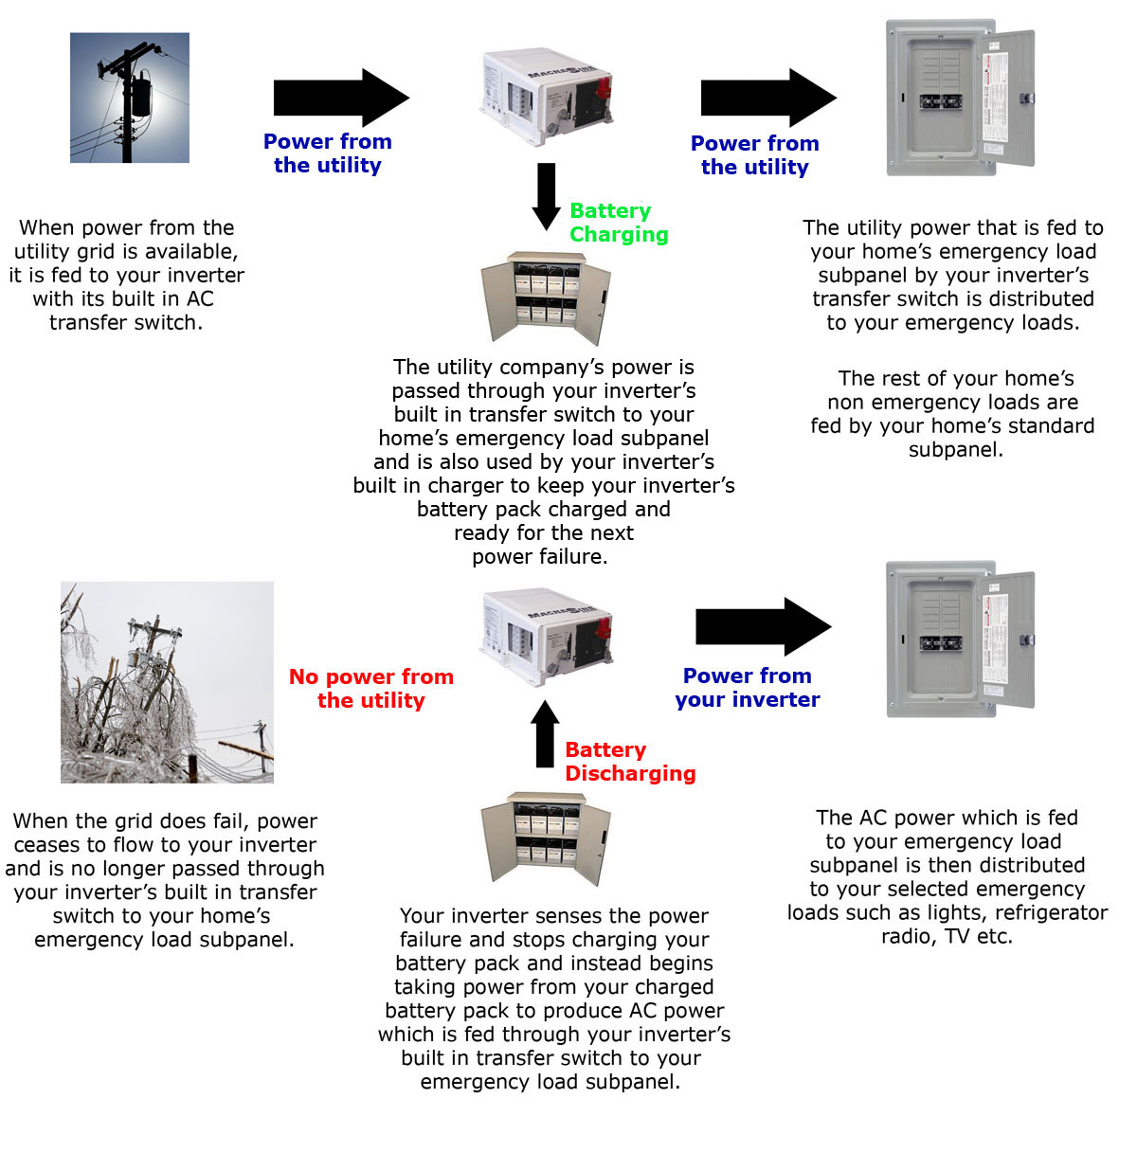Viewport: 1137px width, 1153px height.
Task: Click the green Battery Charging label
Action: [x=619, y=223]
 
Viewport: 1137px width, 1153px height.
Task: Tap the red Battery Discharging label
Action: [x=630, y=762]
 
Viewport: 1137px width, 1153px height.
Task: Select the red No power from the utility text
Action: [x=371, y=689]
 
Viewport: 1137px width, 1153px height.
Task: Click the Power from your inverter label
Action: [x=748, y=688]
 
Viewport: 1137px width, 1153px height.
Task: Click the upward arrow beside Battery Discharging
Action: [x=545, y=733]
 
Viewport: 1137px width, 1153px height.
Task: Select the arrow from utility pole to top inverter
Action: [x=340, y=98]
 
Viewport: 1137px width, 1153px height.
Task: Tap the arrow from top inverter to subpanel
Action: [x=767, y=98]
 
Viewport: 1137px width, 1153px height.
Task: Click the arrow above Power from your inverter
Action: [x=763, y=626]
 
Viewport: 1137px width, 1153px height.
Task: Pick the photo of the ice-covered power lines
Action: [x=167, y=682]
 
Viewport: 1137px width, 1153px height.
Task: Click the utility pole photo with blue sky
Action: [x=130, y=98]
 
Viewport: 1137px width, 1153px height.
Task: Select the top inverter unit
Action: [x=546, y=96]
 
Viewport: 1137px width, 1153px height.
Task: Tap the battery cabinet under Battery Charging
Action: [x=545, y=296]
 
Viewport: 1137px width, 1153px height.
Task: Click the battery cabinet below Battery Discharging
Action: [x=545, y=838]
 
